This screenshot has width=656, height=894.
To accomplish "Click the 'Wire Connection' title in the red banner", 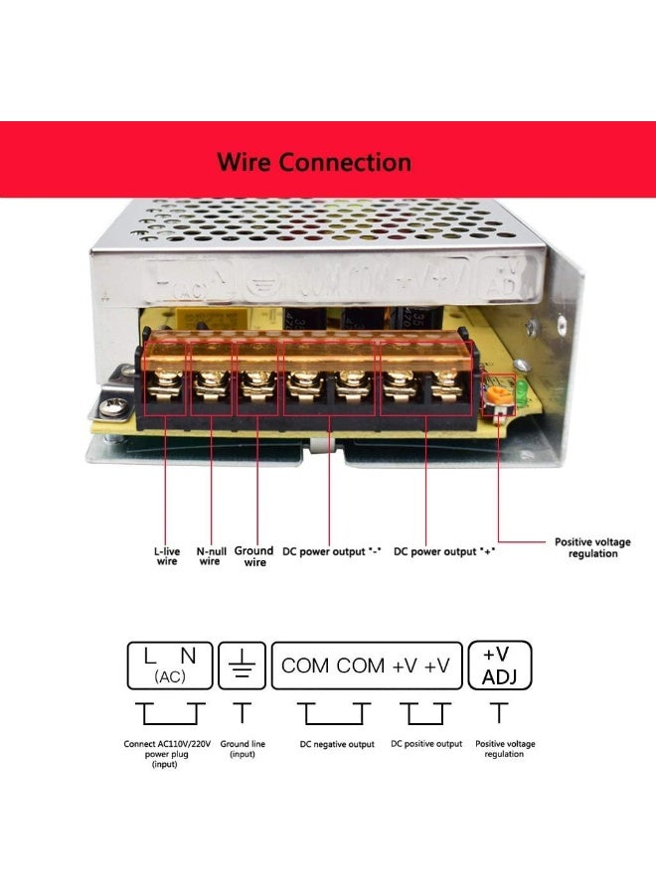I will (x=314, y=162).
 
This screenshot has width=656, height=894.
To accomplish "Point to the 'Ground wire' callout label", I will (x=254, y=556).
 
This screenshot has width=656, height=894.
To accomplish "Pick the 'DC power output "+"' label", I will (x=444, y=551).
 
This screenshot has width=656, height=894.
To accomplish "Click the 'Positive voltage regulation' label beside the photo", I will (x=592, y=547).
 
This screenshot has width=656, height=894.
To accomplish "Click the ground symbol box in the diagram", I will (x=242, y=666).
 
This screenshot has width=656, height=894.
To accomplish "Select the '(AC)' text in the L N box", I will (x=170, y=676).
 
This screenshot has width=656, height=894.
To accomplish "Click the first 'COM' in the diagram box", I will (x=305, y=666).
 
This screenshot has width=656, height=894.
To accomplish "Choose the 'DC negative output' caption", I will (x=337, y=744).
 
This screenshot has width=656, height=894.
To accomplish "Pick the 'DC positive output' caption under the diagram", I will (x=426, y=744).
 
